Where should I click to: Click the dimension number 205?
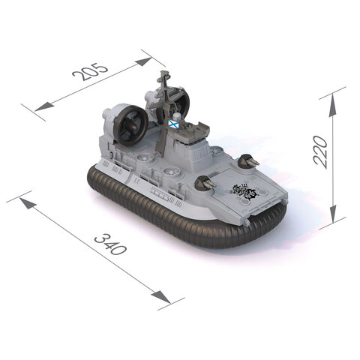coord(90,72)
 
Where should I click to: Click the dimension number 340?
coord(111,244)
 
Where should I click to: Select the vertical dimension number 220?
coord(320,152)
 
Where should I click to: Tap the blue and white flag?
coord(172,124)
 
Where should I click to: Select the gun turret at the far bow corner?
coord(248,161)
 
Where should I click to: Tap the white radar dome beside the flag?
coord(177,116)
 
